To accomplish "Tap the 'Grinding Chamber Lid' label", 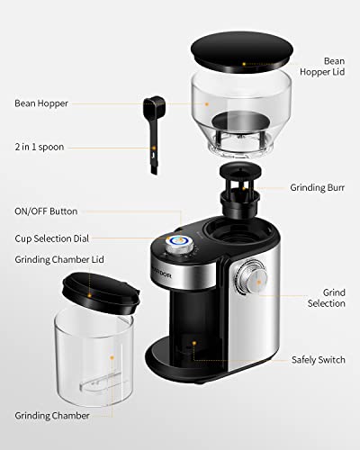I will point(59,259).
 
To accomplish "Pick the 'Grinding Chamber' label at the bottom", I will point(52,416).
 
